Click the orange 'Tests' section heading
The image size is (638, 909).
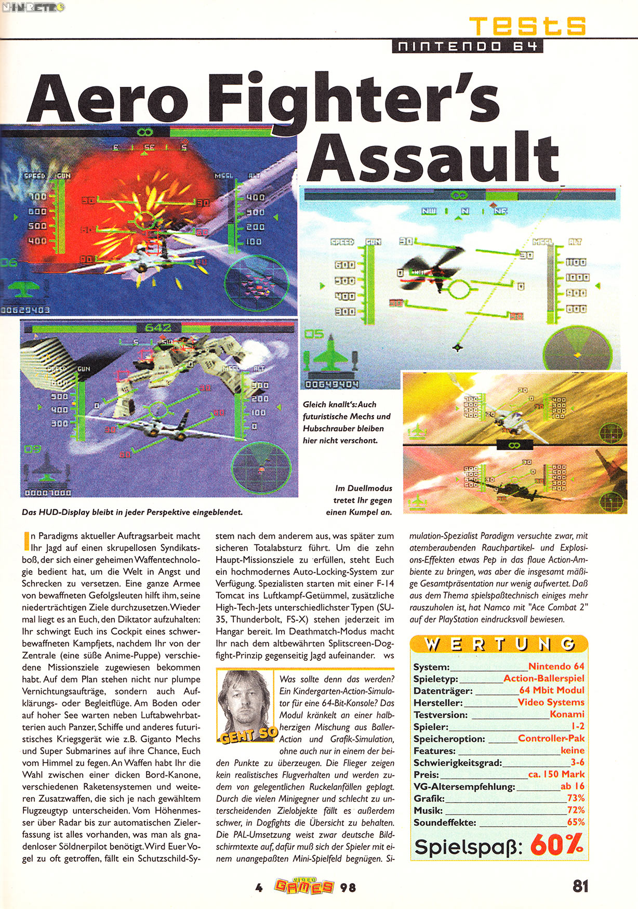pos(527,26)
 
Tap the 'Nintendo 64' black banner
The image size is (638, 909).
pos(467,46)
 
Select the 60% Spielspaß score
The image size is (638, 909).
pos(556,845)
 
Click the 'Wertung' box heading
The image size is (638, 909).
pos(499,645)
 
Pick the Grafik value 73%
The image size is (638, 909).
pos(576,798)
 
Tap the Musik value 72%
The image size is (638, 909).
pos(576,810)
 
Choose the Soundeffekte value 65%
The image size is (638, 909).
pos(576,822)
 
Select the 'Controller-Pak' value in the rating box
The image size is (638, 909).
pos(551,738)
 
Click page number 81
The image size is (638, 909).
pos(580,886)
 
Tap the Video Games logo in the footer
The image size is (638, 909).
pos(304,886)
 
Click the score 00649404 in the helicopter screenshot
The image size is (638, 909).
pos(331,384)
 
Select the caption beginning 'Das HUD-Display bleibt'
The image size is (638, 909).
pos(132,512)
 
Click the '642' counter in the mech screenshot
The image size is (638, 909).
pos(157,328)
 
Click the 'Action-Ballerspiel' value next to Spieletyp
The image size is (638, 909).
pos(543,678)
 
